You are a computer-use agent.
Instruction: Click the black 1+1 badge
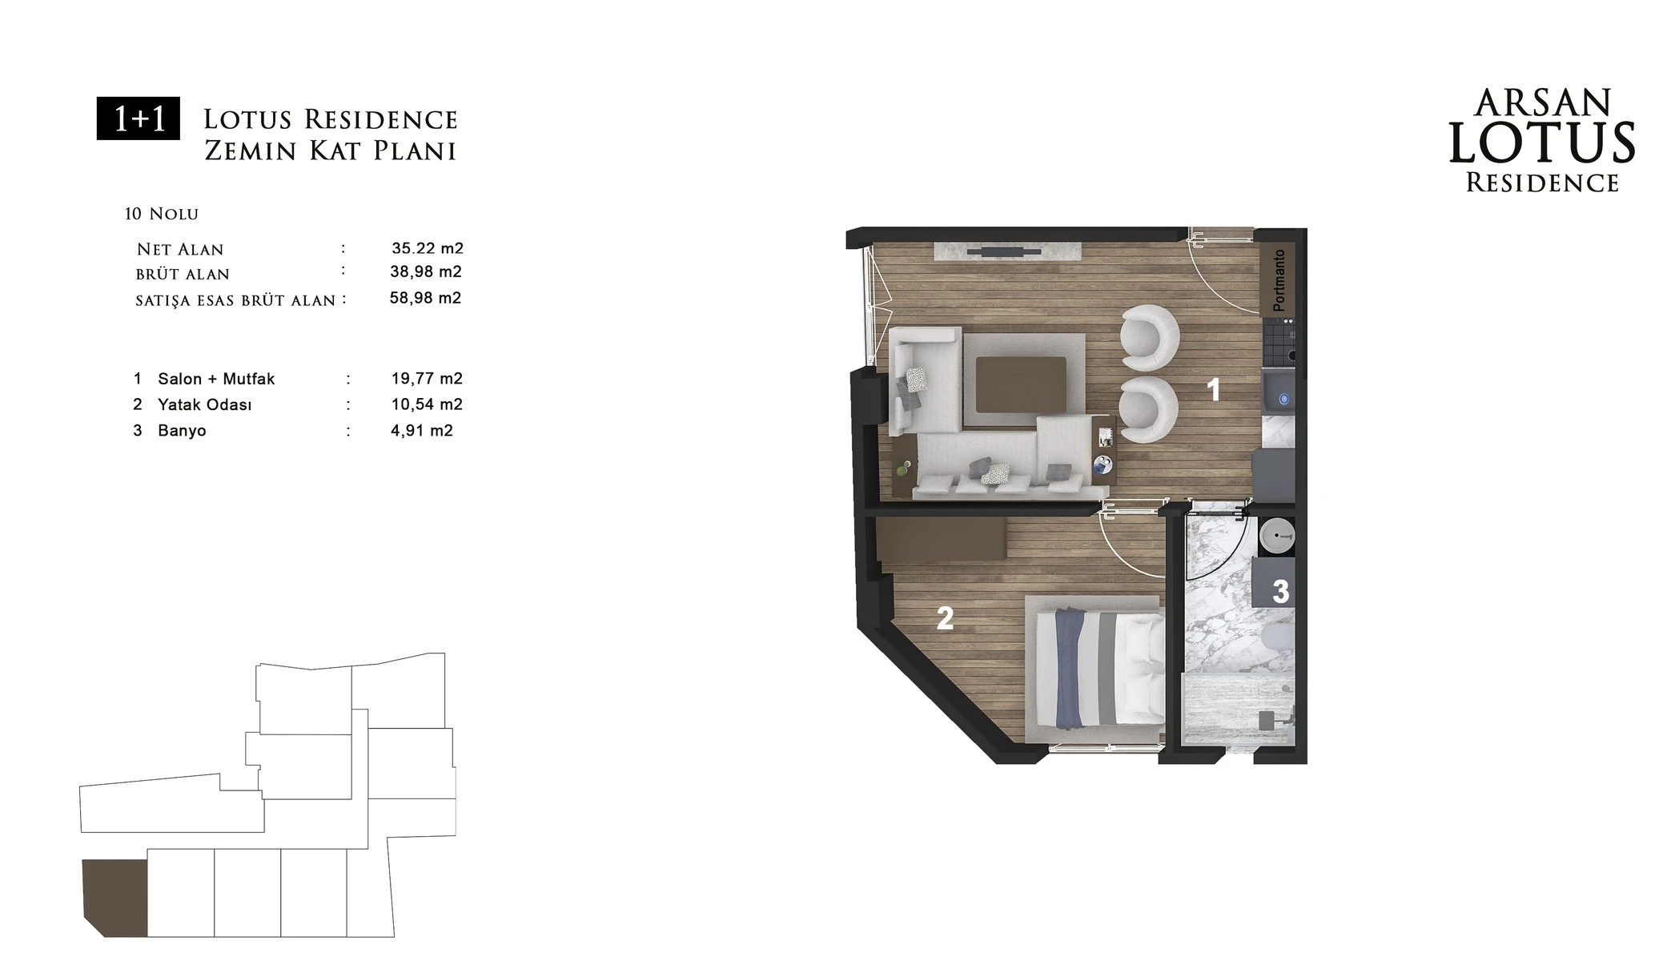pos(139,119)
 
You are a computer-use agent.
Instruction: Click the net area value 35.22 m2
pos(428,248)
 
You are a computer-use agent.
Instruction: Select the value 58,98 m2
pos(425,298)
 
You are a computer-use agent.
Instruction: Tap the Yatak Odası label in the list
pos(204,404)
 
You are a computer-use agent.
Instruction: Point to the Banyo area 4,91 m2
pos(421,431)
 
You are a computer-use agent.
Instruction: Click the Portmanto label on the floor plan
pos(1279,280)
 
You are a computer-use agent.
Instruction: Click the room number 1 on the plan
pos(1213,390)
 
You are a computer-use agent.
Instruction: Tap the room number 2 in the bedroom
pos(945,618)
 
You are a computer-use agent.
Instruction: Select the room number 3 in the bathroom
pos(1280,592)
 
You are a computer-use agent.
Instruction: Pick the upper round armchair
pos(1150,337)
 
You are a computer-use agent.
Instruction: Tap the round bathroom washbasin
pos(1276,535)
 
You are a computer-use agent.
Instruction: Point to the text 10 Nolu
pos(162,214)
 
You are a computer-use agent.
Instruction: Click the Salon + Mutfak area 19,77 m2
pos(427,379)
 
